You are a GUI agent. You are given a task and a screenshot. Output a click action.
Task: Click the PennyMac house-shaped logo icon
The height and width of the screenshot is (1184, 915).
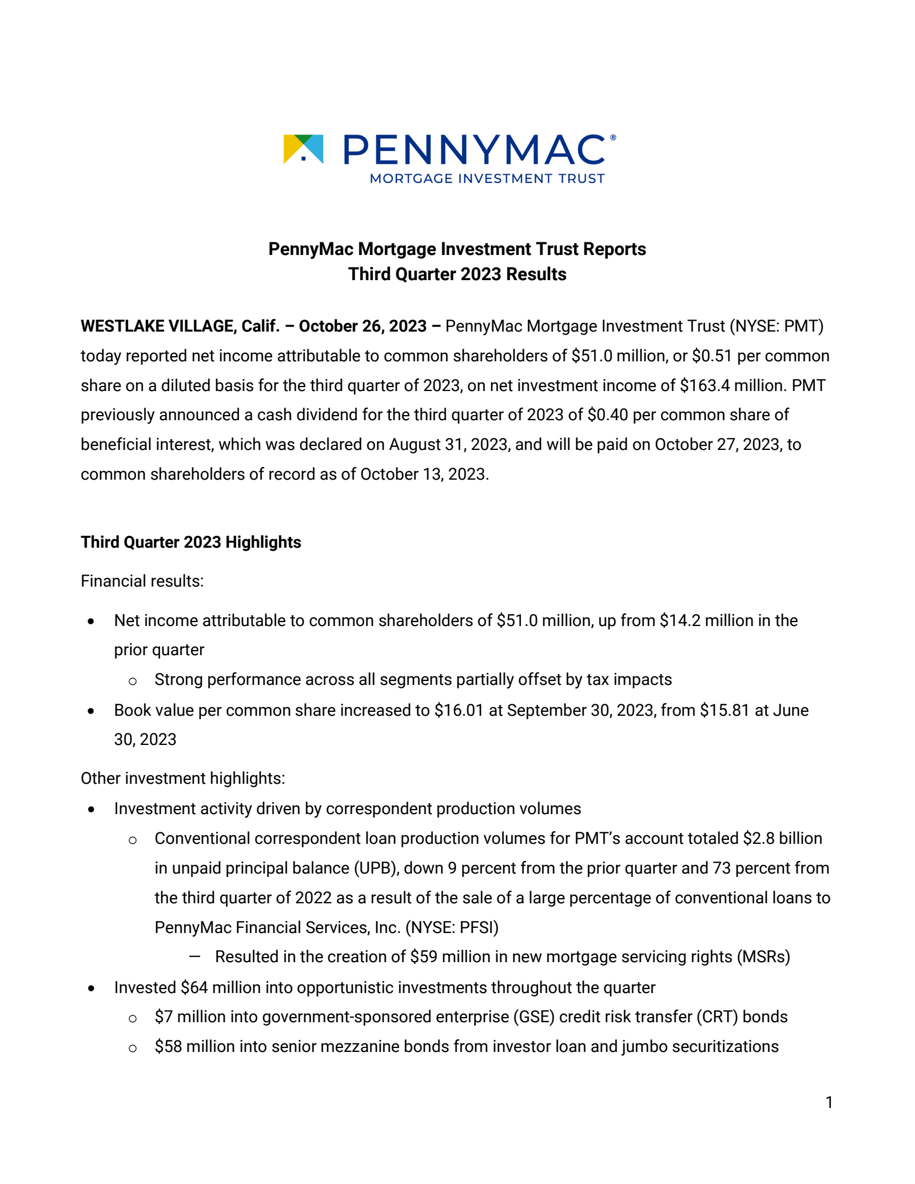click(304, 149)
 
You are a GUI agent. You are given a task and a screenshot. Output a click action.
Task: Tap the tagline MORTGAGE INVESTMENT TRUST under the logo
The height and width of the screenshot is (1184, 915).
click(487, 179)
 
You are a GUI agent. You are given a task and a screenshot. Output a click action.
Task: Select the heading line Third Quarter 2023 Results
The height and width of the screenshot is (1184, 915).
click(457, 274)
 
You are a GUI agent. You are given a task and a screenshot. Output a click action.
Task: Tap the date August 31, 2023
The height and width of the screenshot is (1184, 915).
click(449, 445)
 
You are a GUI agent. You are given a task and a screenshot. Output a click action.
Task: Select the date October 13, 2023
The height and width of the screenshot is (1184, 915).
click(424, 475)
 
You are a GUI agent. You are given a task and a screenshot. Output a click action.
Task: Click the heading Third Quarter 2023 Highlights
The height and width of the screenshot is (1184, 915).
click(190, 543)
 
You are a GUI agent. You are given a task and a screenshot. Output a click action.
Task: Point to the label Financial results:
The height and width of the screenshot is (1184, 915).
click(142, 581)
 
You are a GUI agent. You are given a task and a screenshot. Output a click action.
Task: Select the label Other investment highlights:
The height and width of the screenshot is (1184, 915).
click(182, 779)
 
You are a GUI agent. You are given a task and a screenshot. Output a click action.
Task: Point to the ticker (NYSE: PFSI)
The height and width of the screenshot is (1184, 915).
click(452, 928)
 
